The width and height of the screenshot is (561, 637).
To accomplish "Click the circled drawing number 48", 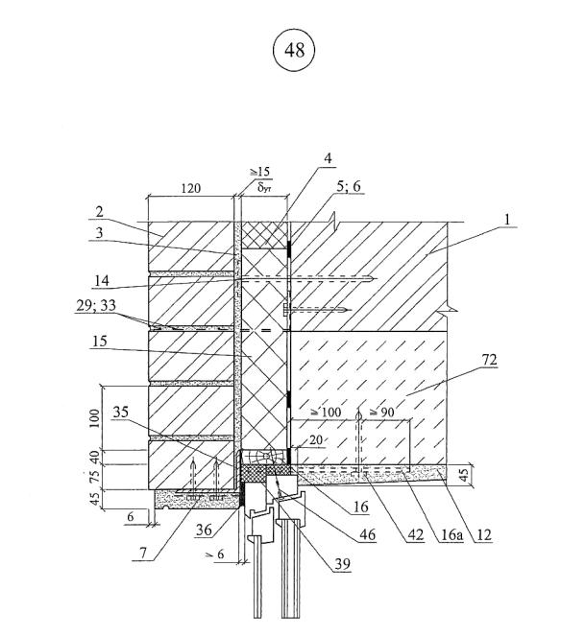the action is click(294, 50).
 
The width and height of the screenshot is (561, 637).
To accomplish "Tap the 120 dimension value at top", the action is click(191, 188).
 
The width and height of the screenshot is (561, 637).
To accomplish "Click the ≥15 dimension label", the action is click(259, 172).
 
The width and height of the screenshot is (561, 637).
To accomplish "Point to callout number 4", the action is click(328, 158).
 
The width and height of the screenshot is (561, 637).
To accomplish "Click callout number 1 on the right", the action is click(507, 220).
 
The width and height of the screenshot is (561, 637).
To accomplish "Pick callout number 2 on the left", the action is click(99, 212).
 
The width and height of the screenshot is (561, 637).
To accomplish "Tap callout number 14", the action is click(102, 280).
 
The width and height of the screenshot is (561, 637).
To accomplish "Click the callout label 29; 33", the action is click(96, 305).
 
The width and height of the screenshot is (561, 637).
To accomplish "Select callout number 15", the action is click(99, 341).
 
